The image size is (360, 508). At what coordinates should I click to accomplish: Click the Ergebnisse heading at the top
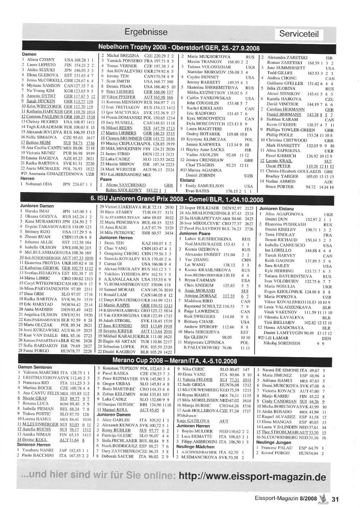[146, 32]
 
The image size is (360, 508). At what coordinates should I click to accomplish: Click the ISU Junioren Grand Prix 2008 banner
[177, 199]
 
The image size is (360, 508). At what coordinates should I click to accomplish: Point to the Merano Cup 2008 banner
[175, 361]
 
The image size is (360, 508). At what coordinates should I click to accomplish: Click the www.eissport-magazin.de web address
[252, 477]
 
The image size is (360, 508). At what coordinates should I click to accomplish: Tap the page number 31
[336, 499]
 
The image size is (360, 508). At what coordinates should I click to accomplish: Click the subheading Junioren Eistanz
[276, 209]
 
